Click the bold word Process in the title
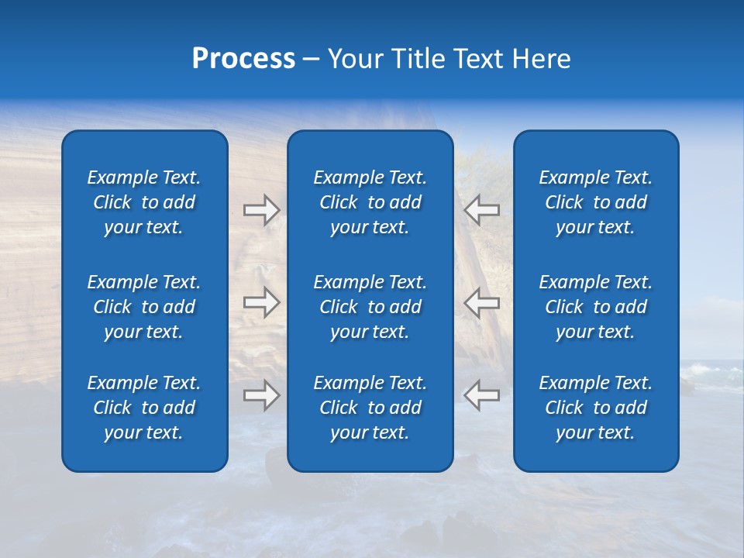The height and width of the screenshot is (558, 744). pos(243,60)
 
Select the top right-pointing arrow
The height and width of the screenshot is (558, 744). pos(261,209)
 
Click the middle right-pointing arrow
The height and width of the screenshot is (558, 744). pos(261,302)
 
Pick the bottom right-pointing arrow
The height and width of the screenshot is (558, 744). pos(261,395)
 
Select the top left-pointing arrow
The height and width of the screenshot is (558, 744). pos(482,209)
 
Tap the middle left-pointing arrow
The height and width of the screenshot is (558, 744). pos(482,302)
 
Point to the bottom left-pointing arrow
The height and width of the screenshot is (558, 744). pos(482,395)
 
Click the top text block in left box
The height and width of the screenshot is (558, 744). pos(144,202)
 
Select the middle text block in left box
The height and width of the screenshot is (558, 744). pos(144,307)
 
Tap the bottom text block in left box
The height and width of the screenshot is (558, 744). pos(144,408)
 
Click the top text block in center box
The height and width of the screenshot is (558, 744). pos(370,202)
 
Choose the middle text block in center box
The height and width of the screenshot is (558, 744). pos(370,307)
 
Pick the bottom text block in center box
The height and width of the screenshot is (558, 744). pos(370,408)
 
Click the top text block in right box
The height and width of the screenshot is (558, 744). pos(596,202)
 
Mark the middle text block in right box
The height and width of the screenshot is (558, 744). pos(596,307)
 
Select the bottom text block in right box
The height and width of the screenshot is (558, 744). pos(596,408)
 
